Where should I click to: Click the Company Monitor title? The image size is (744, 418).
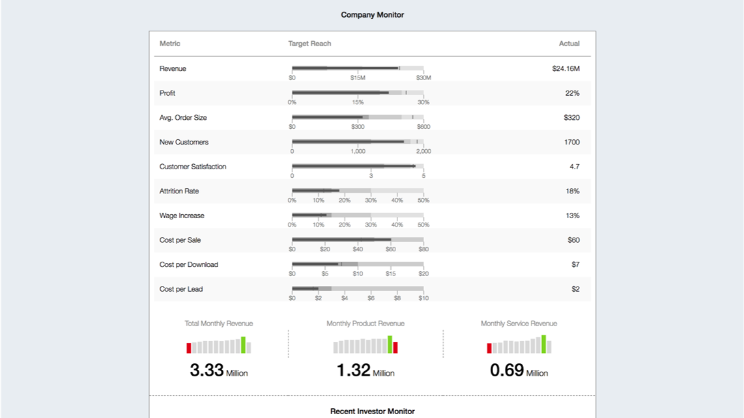point(372,15)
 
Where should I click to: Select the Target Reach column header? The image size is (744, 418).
point(309,44)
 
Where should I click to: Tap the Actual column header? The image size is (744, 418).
point(569,44)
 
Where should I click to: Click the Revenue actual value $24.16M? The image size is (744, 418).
point(565,68)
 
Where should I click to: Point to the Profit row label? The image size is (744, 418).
point(167,93)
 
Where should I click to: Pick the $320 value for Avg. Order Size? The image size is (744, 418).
point(571,118)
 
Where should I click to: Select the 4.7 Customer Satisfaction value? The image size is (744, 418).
point(574,167)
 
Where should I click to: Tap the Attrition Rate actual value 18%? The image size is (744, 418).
point(572,191)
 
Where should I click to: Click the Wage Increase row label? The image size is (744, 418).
point(182,216)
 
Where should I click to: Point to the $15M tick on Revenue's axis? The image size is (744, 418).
point(358,78)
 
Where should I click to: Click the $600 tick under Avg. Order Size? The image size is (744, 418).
point(423,127)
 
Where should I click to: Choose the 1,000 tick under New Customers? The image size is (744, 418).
point(358,151)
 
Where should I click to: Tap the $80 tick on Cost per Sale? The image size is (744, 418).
point(423,249)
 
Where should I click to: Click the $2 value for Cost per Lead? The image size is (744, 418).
point(575,289)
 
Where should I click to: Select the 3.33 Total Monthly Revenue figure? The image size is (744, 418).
point(207,370)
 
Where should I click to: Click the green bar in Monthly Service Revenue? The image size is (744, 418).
point(543,344)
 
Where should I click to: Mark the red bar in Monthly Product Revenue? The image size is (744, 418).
point(395,348)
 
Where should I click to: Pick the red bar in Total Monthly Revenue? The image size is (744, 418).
point(189,348)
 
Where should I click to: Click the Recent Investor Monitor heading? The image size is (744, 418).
point(372,411)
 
